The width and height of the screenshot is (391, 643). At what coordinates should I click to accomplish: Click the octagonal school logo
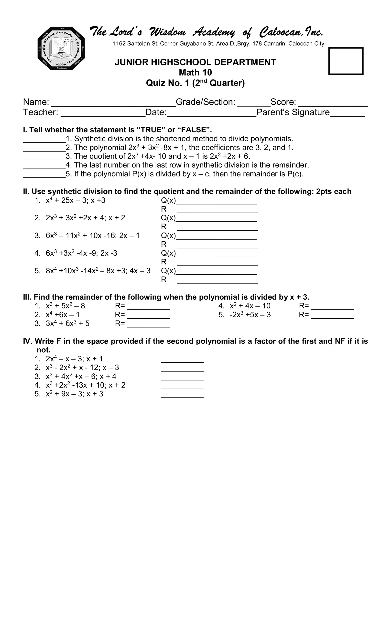(61, 48)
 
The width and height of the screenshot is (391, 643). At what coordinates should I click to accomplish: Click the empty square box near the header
(346, 61)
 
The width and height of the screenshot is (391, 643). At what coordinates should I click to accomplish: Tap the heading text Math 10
(195, 72)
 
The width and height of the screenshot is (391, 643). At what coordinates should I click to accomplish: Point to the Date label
(156, 112)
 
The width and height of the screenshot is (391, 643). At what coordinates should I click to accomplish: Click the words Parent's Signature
(293, 112)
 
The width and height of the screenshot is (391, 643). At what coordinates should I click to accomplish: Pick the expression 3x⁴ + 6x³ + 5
(67, 324)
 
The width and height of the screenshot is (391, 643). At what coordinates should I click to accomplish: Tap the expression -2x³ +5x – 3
(250, 315)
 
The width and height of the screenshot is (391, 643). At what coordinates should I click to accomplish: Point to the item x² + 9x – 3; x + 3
(74, 394)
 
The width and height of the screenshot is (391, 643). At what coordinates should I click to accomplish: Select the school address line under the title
(218, 44)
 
